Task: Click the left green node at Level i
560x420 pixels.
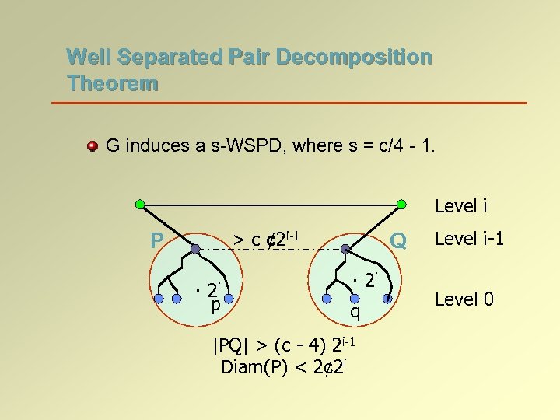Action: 140,205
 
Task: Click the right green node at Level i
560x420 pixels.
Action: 401,205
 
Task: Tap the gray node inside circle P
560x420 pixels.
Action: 195,250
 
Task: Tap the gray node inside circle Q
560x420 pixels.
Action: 346,250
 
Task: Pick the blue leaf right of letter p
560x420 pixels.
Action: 229,298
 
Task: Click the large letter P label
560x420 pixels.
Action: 157,241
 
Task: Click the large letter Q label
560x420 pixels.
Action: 398,241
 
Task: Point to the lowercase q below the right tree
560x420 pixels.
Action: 354,313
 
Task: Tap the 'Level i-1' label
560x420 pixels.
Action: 469,238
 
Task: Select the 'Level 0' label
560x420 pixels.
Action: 464,298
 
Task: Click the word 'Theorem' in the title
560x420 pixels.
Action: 112,82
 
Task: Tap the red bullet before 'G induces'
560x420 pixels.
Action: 93,146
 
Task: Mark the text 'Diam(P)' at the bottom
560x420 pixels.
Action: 248,367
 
